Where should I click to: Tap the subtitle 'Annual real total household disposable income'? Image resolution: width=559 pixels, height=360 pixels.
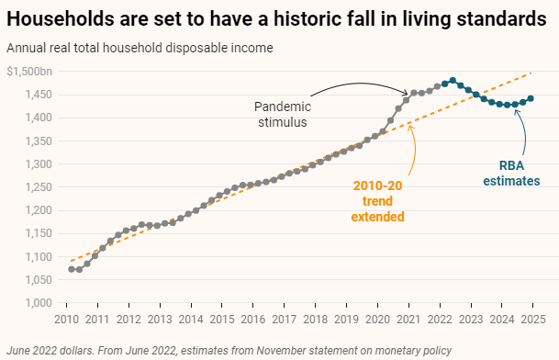pos(140,47)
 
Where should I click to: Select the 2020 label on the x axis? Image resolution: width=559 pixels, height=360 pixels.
pos(377,320)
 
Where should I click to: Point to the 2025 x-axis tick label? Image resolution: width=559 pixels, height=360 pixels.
pos(531,320)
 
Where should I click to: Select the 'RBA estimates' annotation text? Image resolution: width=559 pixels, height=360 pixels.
pos(512,174)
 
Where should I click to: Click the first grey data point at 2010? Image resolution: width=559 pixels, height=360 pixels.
pos(71,269)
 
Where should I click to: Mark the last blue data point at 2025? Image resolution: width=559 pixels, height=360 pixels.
pos(531,98)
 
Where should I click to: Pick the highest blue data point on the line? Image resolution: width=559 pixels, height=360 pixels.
pos(453,81)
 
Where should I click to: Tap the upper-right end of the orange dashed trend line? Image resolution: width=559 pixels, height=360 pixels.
pos(531,73)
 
